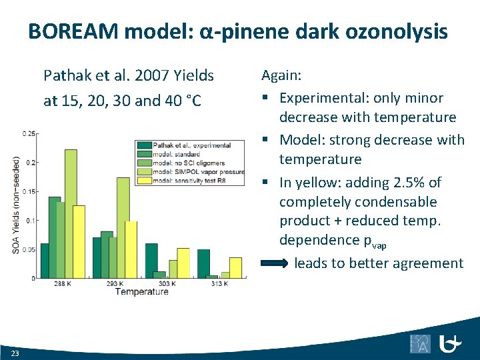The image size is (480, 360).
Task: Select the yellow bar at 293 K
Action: tap(131, 249)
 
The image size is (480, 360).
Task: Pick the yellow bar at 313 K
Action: tap(235, 267)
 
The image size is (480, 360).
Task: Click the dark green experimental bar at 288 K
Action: tap(45, 260)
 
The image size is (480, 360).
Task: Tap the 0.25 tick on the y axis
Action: tap(29, 134)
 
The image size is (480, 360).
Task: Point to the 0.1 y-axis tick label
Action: tap(31, 220)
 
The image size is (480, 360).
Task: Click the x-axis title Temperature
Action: tap(141, 292)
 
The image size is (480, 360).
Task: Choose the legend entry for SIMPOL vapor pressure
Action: tap(197, 171)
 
